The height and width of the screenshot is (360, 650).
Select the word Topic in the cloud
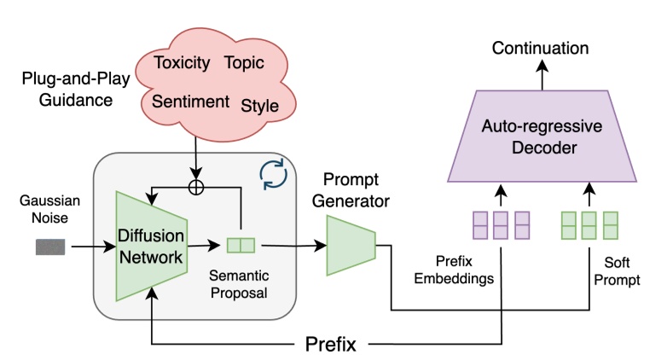pos(244,63)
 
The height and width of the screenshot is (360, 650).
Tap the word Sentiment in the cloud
pos(190,102)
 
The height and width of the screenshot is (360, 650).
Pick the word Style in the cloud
pos(259,106)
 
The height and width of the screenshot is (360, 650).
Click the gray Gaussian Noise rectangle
pos(50,247)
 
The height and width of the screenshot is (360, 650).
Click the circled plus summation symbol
pos(196,187)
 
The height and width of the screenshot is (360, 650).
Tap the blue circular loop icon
pos(274,172)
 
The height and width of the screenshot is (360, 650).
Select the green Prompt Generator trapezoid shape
pos(351,246)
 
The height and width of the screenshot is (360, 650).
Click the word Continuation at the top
pos(541,48)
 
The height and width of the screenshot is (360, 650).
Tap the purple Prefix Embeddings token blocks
pos(501,224)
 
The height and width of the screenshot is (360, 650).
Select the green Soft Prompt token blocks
pos(588,224)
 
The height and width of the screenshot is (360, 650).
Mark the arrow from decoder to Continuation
pos(541,78)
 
